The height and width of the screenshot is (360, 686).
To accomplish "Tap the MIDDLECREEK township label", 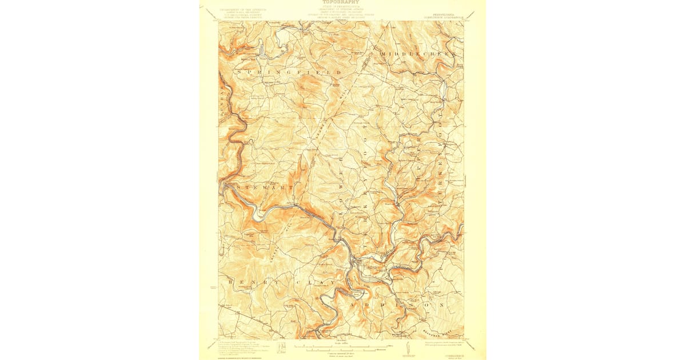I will (x=418, y=53).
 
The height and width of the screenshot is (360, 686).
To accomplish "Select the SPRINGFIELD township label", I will (x=292, y=73).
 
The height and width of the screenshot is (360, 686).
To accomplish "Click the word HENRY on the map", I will (x=246, y=282).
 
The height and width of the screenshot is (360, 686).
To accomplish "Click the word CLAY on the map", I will (x=314, y=283).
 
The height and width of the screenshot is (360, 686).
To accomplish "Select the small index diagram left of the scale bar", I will (x=281, y=347).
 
